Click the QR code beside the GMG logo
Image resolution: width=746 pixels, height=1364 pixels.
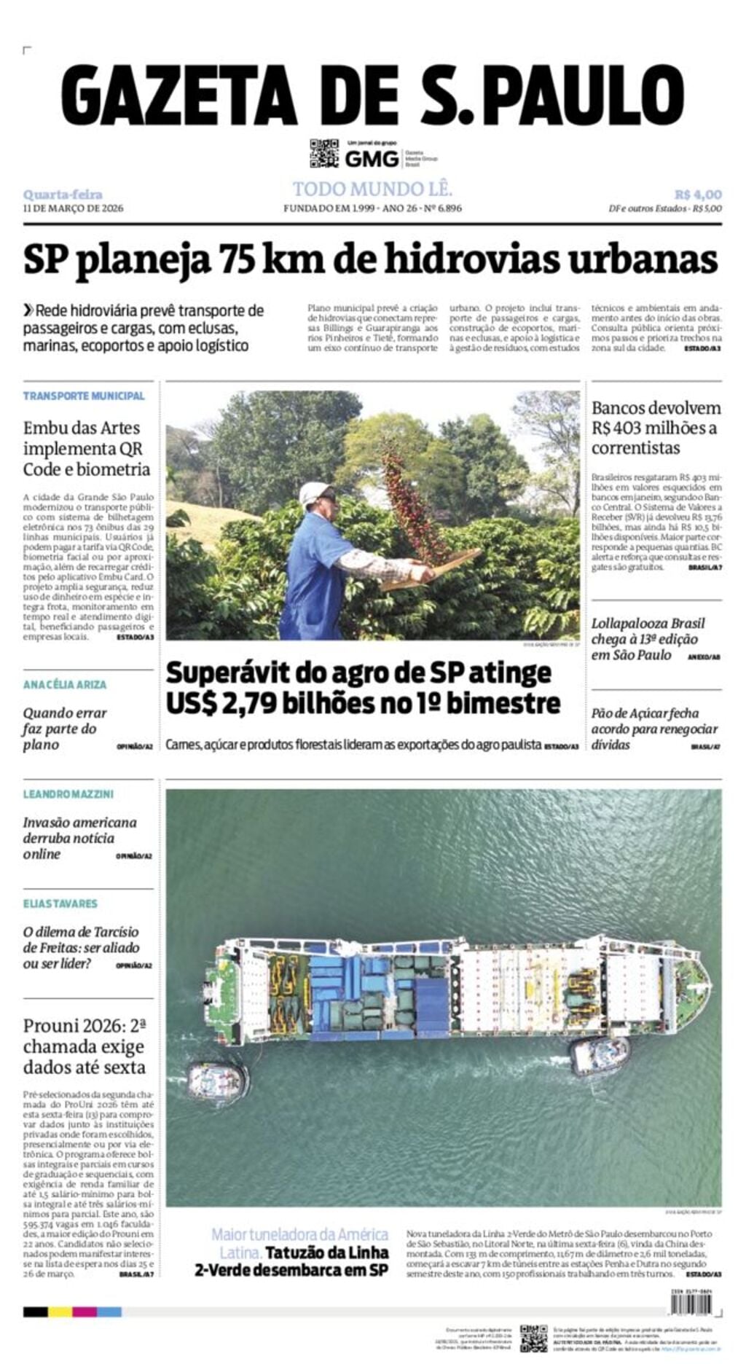point(324,153)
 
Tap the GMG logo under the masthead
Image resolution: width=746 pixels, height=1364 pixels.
point(372,158)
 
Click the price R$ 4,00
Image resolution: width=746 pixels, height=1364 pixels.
point(697,195)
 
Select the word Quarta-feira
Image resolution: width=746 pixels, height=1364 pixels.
point(63,195)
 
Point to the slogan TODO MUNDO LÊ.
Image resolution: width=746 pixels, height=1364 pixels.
point(372,189)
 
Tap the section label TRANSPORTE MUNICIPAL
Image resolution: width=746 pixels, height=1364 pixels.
point(84,396)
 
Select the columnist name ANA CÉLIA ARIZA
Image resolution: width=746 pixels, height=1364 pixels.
point(65,684)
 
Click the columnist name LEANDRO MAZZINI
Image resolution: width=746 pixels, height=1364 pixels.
point(68,793)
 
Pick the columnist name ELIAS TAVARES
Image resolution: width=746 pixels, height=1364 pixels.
point(60,904)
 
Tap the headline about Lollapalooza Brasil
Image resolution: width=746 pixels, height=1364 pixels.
point(648,639)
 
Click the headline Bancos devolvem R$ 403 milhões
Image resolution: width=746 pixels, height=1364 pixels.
point(656,428)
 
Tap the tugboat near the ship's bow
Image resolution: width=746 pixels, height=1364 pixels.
point(599,1055)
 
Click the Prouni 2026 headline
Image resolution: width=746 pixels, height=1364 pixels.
point(85,1046)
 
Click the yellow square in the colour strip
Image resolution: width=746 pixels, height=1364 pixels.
point(60,1312)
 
